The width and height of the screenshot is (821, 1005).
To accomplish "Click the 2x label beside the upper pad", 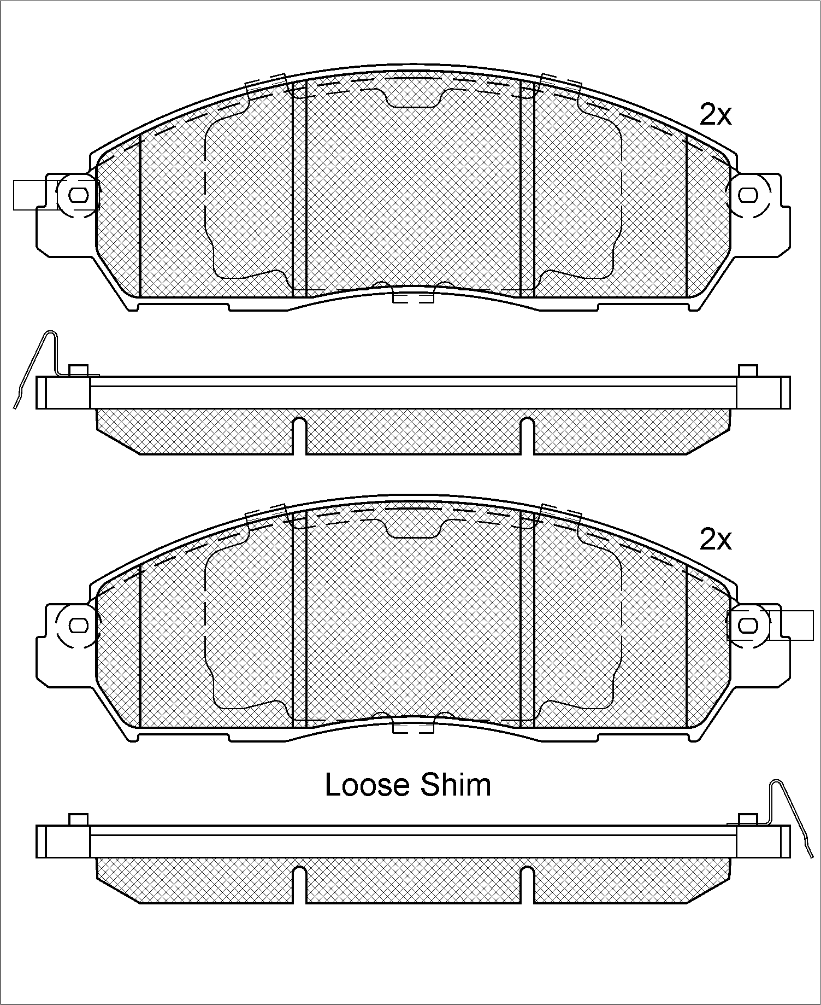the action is tap(715, 115).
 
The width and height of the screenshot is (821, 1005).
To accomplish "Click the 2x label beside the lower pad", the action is tap(715, 540).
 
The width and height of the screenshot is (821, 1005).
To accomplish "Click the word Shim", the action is tap(456, 785).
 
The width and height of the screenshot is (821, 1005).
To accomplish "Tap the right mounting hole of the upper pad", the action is tap(748, 195).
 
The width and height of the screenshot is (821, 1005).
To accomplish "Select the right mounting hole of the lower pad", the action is tap(748, 624).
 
